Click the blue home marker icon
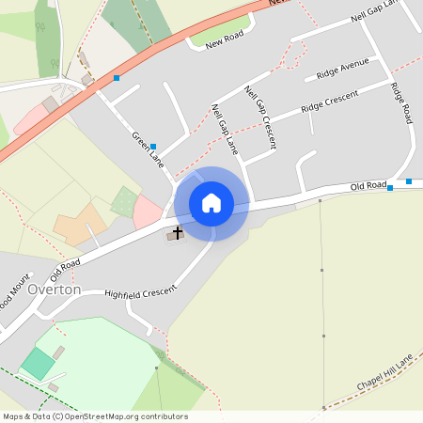211,203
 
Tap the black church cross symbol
177,231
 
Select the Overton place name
55,290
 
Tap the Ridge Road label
402,103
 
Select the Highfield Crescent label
141,292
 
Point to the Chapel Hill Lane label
384,374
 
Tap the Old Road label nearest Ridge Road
369,188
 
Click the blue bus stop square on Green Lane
153,147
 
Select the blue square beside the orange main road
117,77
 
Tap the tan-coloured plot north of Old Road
80,224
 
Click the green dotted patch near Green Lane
123,200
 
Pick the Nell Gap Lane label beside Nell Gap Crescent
224,130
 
